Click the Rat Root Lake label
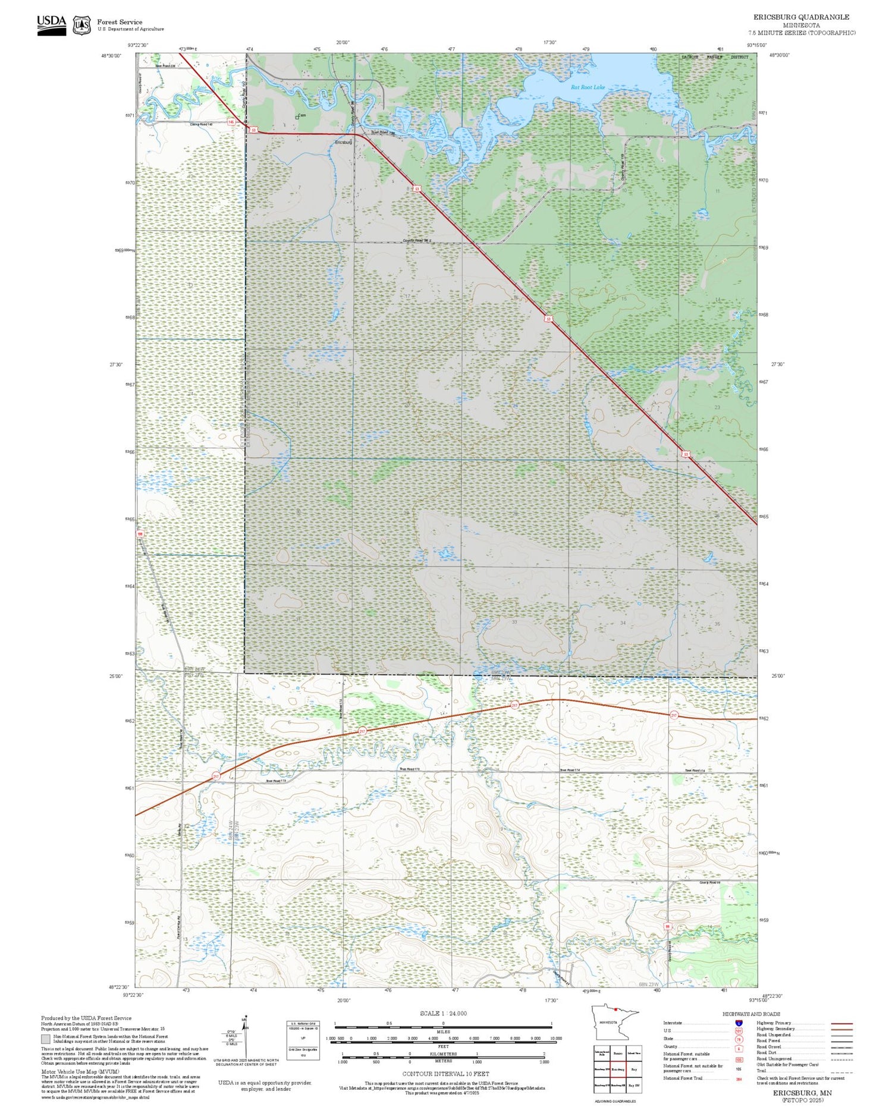588,87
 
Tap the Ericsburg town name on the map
344,143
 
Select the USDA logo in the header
52,25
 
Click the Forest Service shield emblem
81,26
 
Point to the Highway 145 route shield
231,122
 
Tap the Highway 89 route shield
668,926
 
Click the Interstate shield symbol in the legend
739,1023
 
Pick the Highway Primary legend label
774,1023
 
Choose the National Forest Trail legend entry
683,1078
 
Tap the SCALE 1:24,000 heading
443,1013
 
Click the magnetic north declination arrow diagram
245,1037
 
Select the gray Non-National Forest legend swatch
46,1039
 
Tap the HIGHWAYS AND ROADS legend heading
751,1014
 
